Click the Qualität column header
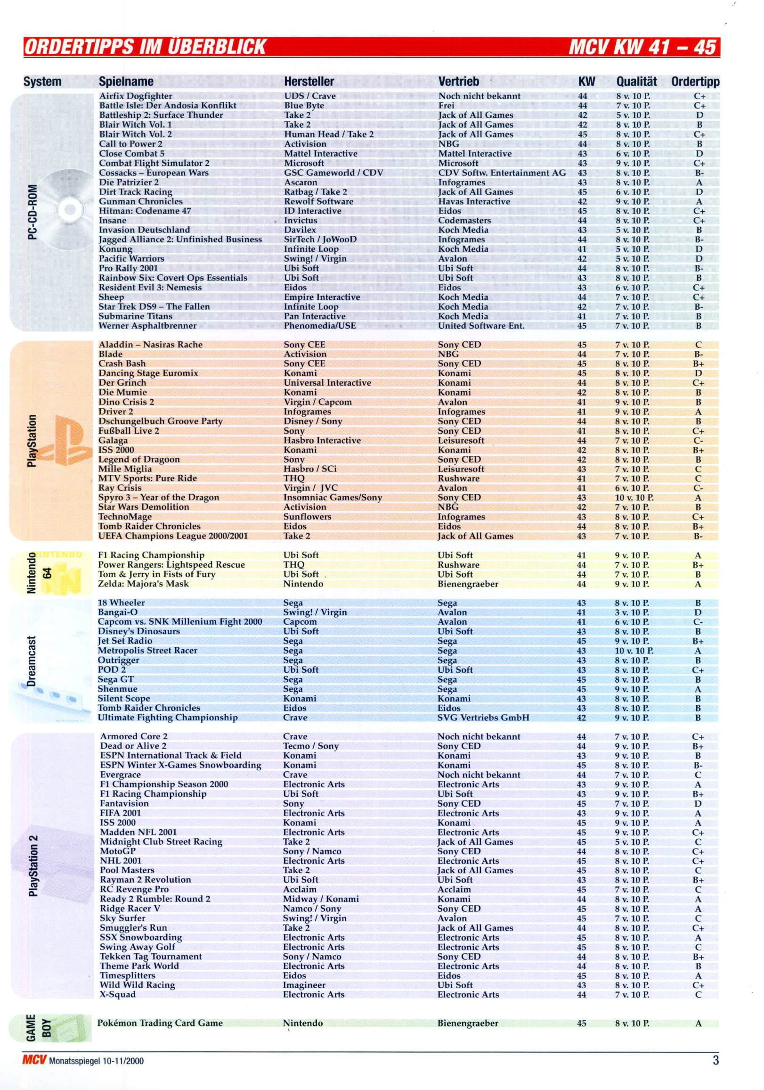pos(636,82)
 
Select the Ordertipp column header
pos(695,82)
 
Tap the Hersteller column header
pos(309,82)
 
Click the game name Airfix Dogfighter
pos(135,96)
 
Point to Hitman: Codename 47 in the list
pos(145,211)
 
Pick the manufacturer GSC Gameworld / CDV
pos(333,173)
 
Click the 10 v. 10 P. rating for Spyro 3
pos(634,497)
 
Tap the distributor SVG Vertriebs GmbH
pos(483,718)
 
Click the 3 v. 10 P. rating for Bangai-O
pos(632,612)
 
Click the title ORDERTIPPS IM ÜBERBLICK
pos(145,48)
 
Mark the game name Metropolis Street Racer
pos(147,651)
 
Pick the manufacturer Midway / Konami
pos(321,899)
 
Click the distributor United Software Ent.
pos(481,326)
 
